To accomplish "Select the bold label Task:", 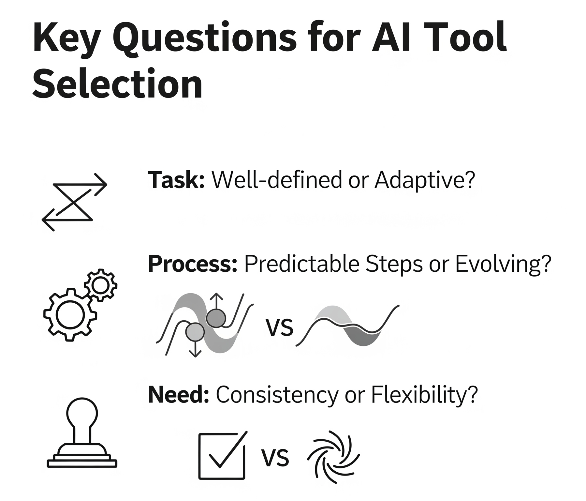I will click(176, 180).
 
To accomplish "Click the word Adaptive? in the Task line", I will click(425, 180).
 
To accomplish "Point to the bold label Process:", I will click(192, 264).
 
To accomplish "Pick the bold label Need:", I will click(178, 395).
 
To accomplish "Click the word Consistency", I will click(277, 395).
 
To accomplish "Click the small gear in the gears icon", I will click(100, 285).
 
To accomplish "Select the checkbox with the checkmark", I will click(222, 456).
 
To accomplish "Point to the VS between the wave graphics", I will click(280, 327).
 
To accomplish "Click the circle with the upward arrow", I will click(215, 318).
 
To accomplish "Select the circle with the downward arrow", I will click(195, 332).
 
